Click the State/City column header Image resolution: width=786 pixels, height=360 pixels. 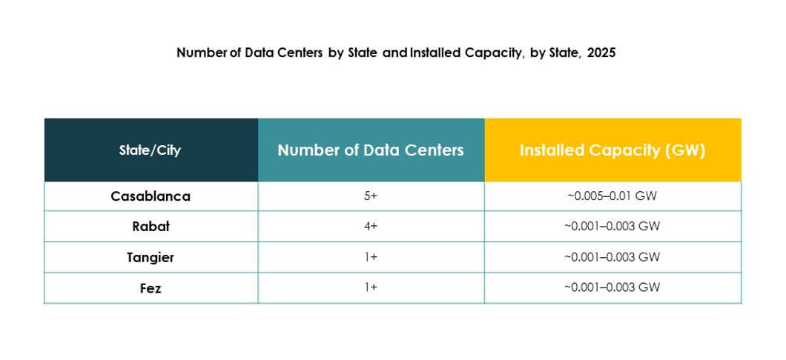(150, 150)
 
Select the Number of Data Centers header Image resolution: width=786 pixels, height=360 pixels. (371, 150)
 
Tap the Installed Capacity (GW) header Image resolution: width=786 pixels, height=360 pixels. (612, 150)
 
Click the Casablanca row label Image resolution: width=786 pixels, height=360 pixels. (150, 196)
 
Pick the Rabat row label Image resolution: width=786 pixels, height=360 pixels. (150, 227)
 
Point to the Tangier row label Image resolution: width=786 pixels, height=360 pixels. (150, 257)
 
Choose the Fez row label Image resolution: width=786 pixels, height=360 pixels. (150, 287)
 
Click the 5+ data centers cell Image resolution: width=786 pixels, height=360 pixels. (371, 196)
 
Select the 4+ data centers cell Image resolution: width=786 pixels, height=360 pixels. (371, 227)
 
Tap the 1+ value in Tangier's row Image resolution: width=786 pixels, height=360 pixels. (371, 257)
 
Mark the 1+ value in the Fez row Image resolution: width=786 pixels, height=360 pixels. (371, 287)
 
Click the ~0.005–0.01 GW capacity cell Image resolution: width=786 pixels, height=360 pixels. (612, 196)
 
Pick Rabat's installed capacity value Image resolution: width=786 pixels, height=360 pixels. (612, 227)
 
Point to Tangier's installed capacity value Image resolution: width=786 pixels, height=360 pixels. (612, 257)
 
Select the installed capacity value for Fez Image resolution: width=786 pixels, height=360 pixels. (612, 287)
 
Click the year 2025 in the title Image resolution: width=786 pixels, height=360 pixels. (601, 53)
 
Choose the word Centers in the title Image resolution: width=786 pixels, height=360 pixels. (300, 53)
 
